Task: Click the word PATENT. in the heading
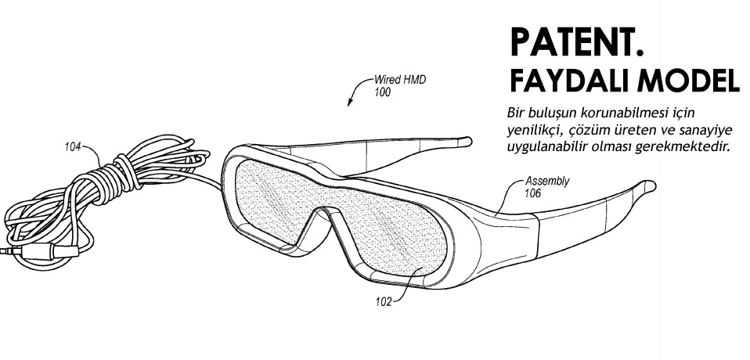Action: tap(577, 42)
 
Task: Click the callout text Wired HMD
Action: tap(399, 81)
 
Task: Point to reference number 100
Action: tap(383, 92)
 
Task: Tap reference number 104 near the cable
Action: tap(73, 147)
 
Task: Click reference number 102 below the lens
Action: tap(383, 301)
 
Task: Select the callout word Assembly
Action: tap(547, 182)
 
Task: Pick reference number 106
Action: tap(532, 193)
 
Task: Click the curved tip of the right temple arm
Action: tap(648, 185)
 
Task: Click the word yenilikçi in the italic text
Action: tap(531, 130)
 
